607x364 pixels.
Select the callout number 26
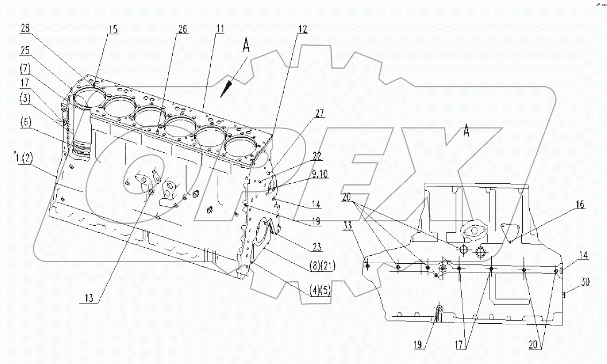coord(182,30)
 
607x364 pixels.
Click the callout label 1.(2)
coord(24,157)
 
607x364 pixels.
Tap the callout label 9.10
coord(320,174)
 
